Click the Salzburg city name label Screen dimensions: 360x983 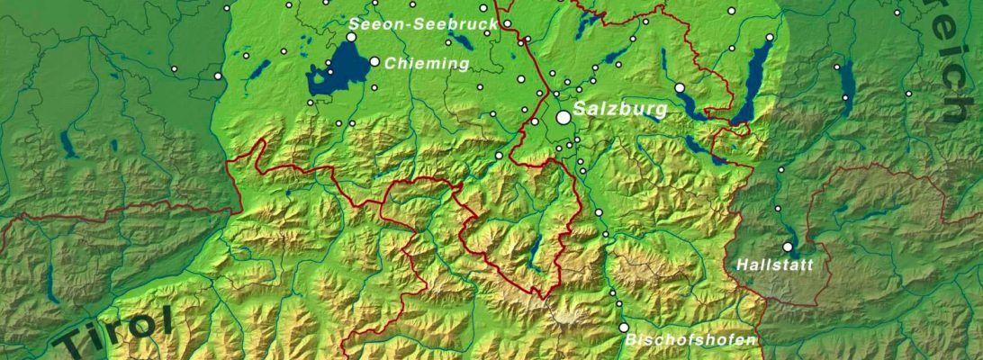click(620, 110)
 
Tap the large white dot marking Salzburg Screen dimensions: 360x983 click(564, 117)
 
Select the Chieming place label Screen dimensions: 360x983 click(427, 64)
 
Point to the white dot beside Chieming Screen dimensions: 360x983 click(374, 61)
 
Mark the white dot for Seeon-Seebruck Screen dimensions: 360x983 click(352, 37)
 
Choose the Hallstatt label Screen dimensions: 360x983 click(774, 265)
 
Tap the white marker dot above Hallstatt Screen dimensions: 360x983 click(788, 247)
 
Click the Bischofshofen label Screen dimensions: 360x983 click(691, 340)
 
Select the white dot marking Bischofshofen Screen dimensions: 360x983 click(623, 328)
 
